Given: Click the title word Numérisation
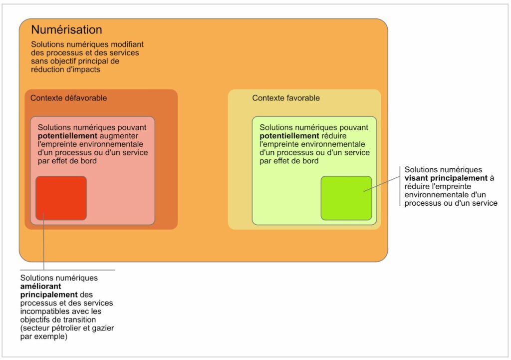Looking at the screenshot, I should coord(66,30).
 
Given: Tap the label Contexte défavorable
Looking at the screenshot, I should coord(68,98).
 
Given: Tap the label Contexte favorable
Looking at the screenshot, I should coord(286,98).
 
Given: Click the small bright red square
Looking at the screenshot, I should coord(61,198).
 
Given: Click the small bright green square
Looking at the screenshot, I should coord(346,198).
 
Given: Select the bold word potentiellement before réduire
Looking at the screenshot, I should coord(289,136).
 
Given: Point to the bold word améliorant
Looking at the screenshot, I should coord(41,286).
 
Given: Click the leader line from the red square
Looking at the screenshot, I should coord(44,245).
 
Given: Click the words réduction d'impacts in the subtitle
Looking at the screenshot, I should coord(66,70).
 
